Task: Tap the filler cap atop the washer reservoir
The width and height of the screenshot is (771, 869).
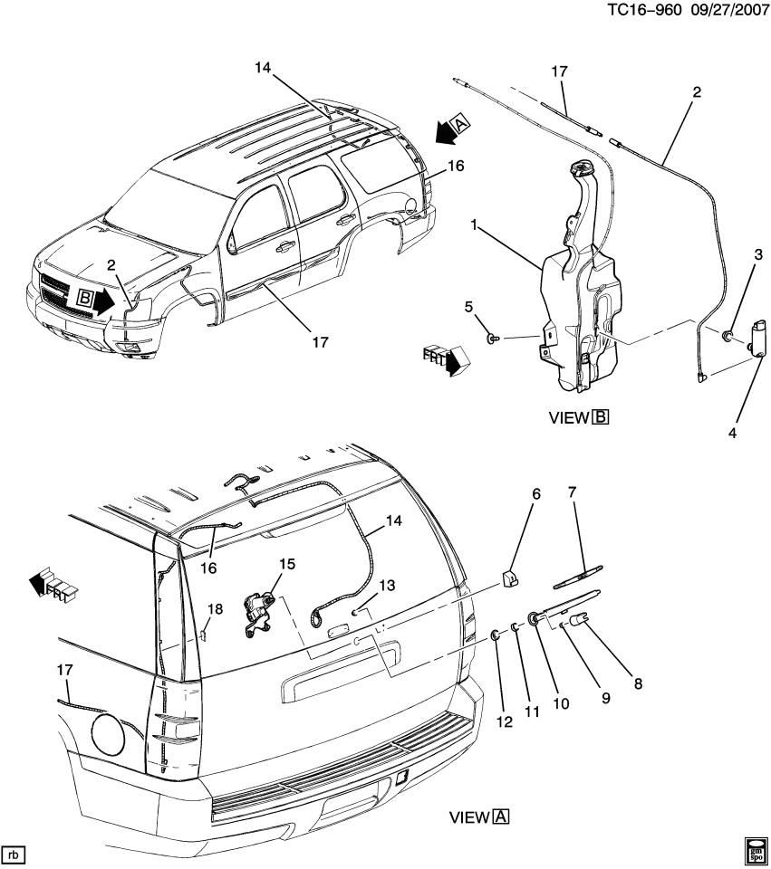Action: (577, 168)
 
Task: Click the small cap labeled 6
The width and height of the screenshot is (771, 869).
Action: (510, 575)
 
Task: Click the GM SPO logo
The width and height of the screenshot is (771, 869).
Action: (754, 850)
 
